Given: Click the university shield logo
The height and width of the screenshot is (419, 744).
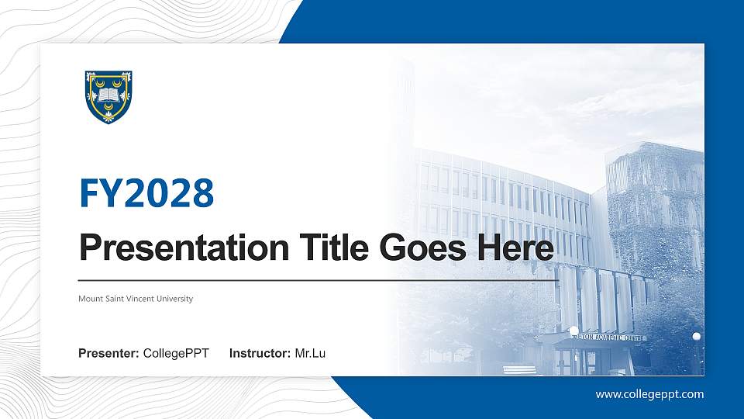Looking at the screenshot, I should click(x=108, y=96).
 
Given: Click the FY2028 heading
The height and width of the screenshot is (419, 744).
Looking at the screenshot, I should click(x=146, y=193).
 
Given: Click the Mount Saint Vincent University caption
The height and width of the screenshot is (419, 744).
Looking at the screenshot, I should click(x=136, y=299).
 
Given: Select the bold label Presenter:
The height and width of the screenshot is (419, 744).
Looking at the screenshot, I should click(x=108, y=354).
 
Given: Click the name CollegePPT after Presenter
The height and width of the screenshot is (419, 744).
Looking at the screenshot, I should click(x=176, y=354).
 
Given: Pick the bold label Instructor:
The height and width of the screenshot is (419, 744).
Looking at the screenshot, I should click(x=260, y=354).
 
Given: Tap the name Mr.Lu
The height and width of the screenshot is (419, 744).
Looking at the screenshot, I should click(x=310, y=354).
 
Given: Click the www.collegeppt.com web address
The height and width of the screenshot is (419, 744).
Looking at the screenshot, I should click(x=649, y=394).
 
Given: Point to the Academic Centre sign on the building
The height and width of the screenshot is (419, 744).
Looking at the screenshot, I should click(x=612, y=338).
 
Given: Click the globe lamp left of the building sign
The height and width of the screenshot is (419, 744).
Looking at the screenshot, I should click(x=574, y=331).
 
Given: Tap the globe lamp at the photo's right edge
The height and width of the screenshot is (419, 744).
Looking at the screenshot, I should click(x=696, y=336).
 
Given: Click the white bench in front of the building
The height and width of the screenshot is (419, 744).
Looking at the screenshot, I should click(x=519, y=369).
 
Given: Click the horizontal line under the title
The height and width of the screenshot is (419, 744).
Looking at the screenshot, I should click(x=318, y=279).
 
